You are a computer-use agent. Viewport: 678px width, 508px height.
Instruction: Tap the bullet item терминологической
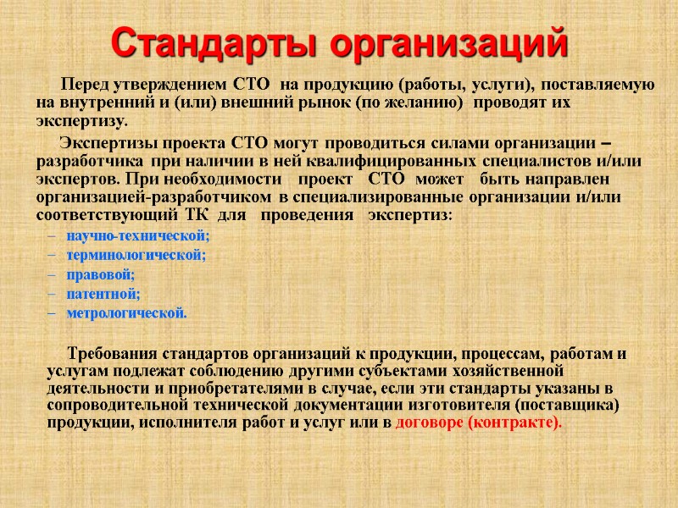136,255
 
